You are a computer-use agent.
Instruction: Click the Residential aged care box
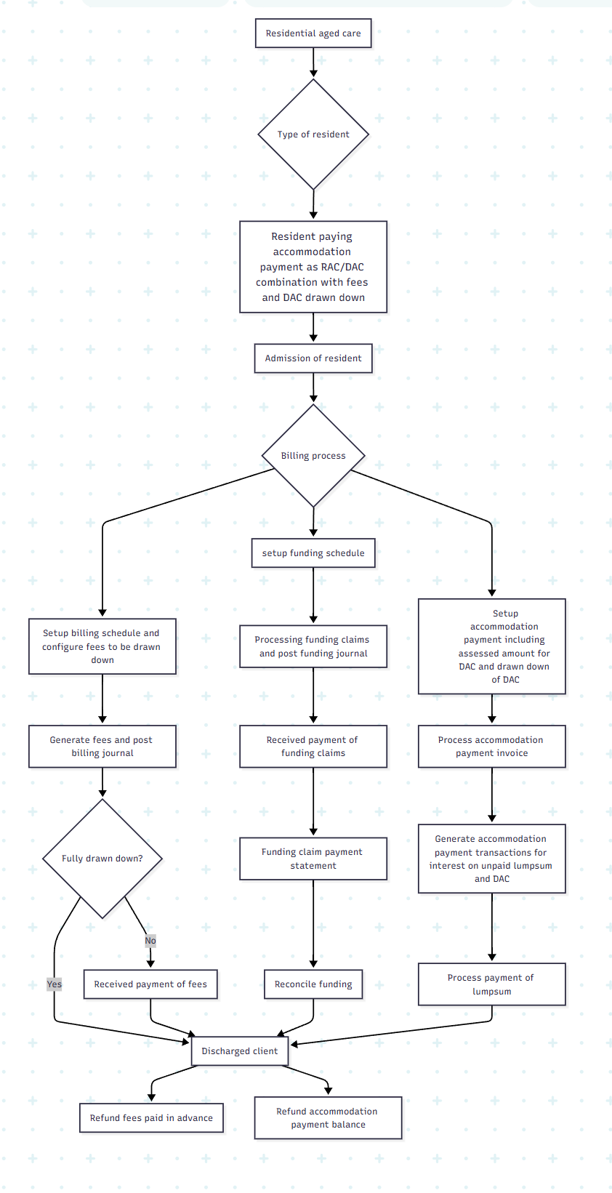313,33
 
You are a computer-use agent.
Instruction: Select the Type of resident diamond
313,134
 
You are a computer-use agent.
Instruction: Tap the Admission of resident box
313,358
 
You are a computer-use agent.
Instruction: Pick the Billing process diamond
313,456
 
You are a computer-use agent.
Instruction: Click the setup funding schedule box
313,553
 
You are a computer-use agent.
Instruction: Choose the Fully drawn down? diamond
102,859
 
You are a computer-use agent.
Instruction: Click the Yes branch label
55,984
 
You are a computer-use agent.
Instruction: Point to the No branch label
150,941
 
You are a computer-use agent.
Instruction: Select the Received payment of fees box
150,984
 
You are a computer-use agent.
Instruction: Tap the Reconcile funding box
313,984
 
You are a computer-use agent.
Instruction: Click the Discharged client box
240,1051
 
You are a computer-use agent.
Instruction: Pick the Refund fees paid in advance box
151,1118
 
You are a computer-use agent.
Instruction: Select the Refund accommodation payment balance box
328,1118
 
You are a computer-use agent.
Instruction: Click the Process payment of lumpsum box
491,984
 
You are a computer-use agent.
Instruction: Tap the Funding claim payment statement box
313,859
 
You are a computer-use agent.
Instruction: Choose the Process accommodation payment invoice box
491,747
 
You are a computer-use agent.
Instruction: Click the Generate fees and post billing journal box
102,747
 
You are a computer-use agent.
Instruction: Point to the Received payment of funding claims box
313,747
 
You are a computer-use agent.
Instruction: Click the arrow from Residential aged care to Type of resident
313,63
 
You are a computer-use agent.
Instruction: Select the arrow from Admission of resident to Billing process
313,387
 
